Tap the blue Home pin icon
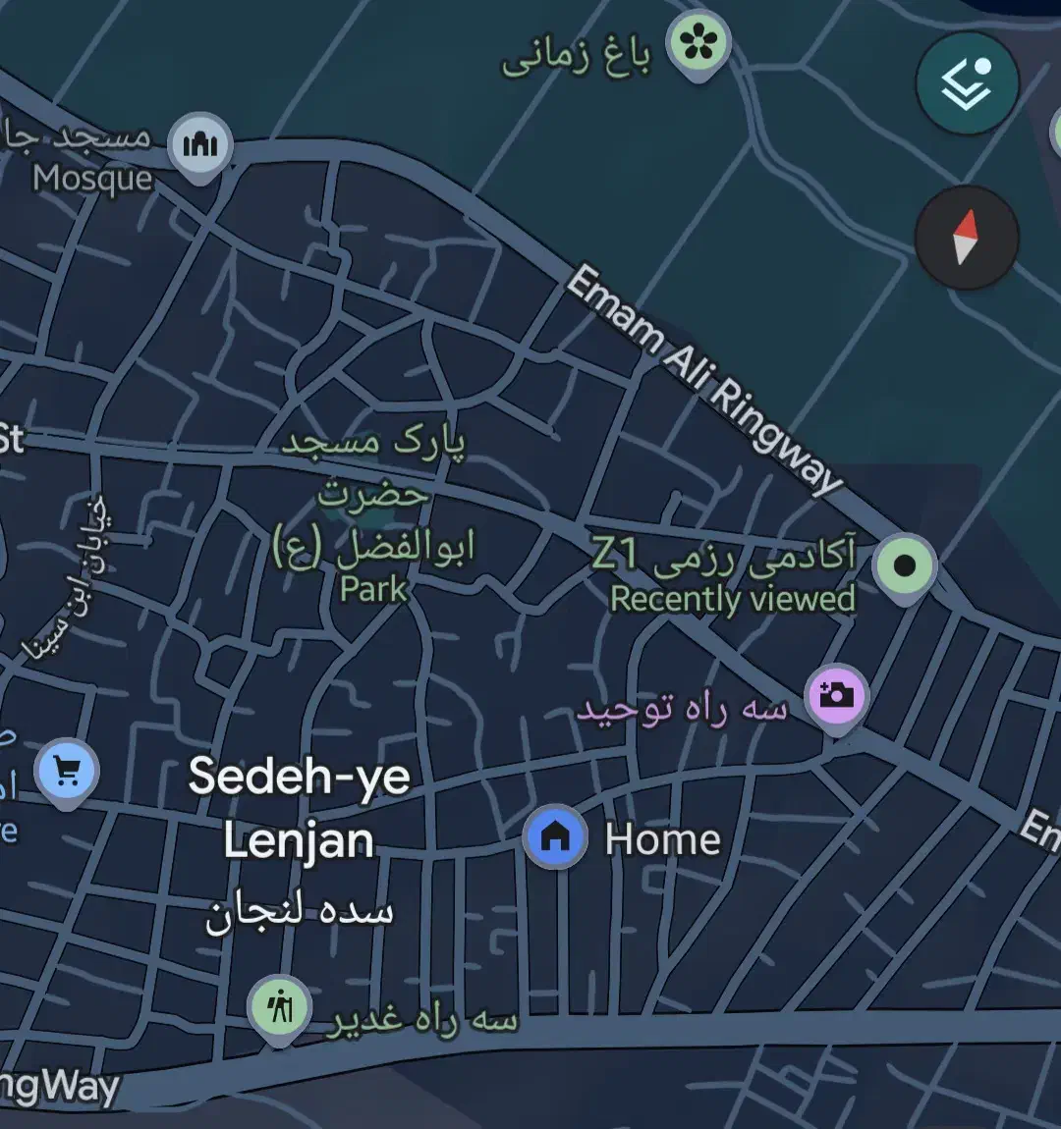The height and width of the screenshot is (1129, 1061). point(555,836)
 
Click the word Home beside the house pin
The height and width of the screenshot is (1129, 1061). point(662,840)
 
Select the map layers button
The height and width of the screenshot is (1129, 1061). point(967,84)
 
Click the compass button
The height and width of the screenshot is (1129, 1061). point(967,237)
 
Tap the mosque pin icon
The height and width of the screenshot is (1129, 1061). point(200,145)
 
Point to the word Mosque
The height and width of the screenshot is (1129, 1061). point(93,179)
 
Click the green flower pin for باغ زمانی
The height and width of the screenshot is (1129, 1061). point(698,42)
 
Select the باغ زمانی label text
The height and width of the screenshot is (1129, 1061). point(577,60)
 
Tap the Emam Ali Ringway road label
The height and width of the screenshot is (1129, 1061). point(704,378)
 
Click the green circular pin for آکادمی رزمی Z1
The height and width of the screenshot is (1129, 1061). point(905,565)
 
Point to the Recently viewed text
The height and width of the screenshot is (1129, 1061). point(733,599)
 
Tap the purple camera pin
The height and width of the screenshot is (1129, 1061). point(836,695)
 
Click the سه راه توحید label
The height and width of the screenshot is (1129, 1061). point(682,710)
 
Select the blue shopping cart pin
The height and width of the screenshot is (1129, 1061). point(67,773)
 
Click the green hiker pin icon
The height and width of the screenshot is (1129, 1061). point(280,1007)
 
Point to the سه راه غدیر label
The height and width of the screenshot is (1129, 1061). point(422,1021)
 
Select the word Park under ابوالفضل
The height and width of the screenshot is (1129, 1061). point(373,589)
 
